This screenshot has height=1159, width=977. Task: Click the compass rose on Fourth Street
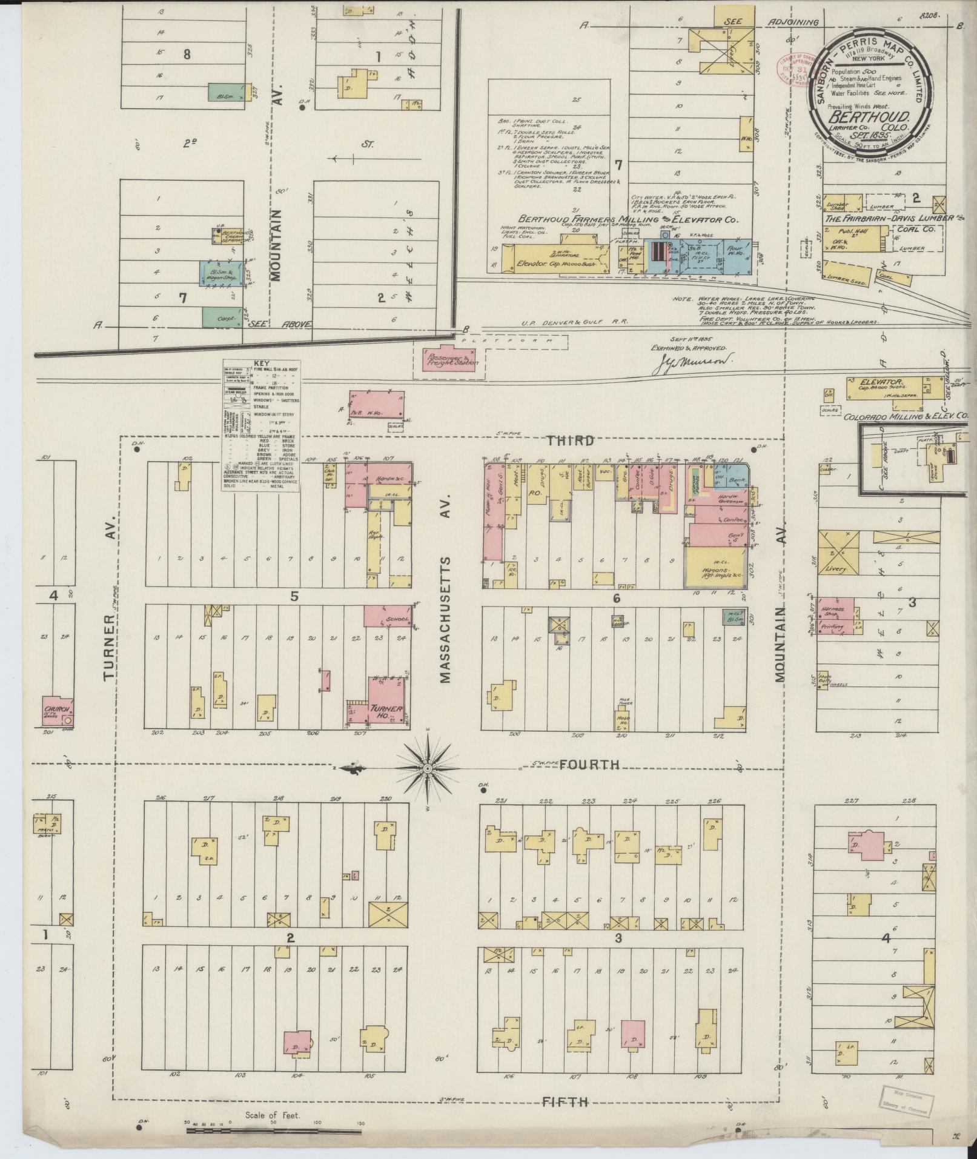point(428,768)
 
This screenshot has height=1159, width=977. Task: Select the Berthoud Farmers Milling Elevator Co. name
point(627,219)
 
